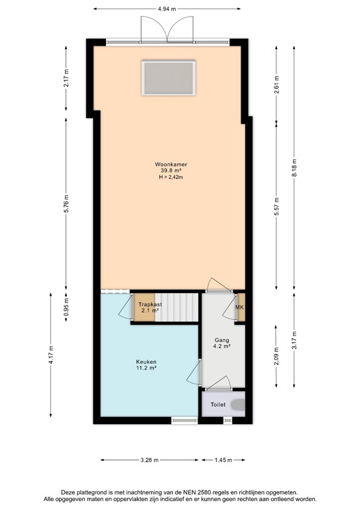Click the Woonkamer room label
click(169, 163)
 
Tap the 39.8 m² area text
click(169, 170)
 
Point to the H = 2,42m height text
click(169, 178)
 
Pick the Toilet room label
click(218, 404)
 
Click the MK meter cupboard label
click(240, 307)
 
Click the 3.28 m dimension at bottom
click(149, 460)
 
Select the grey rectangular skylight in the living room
click(169, 78)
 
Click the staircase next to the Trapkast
click(178, 307)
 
